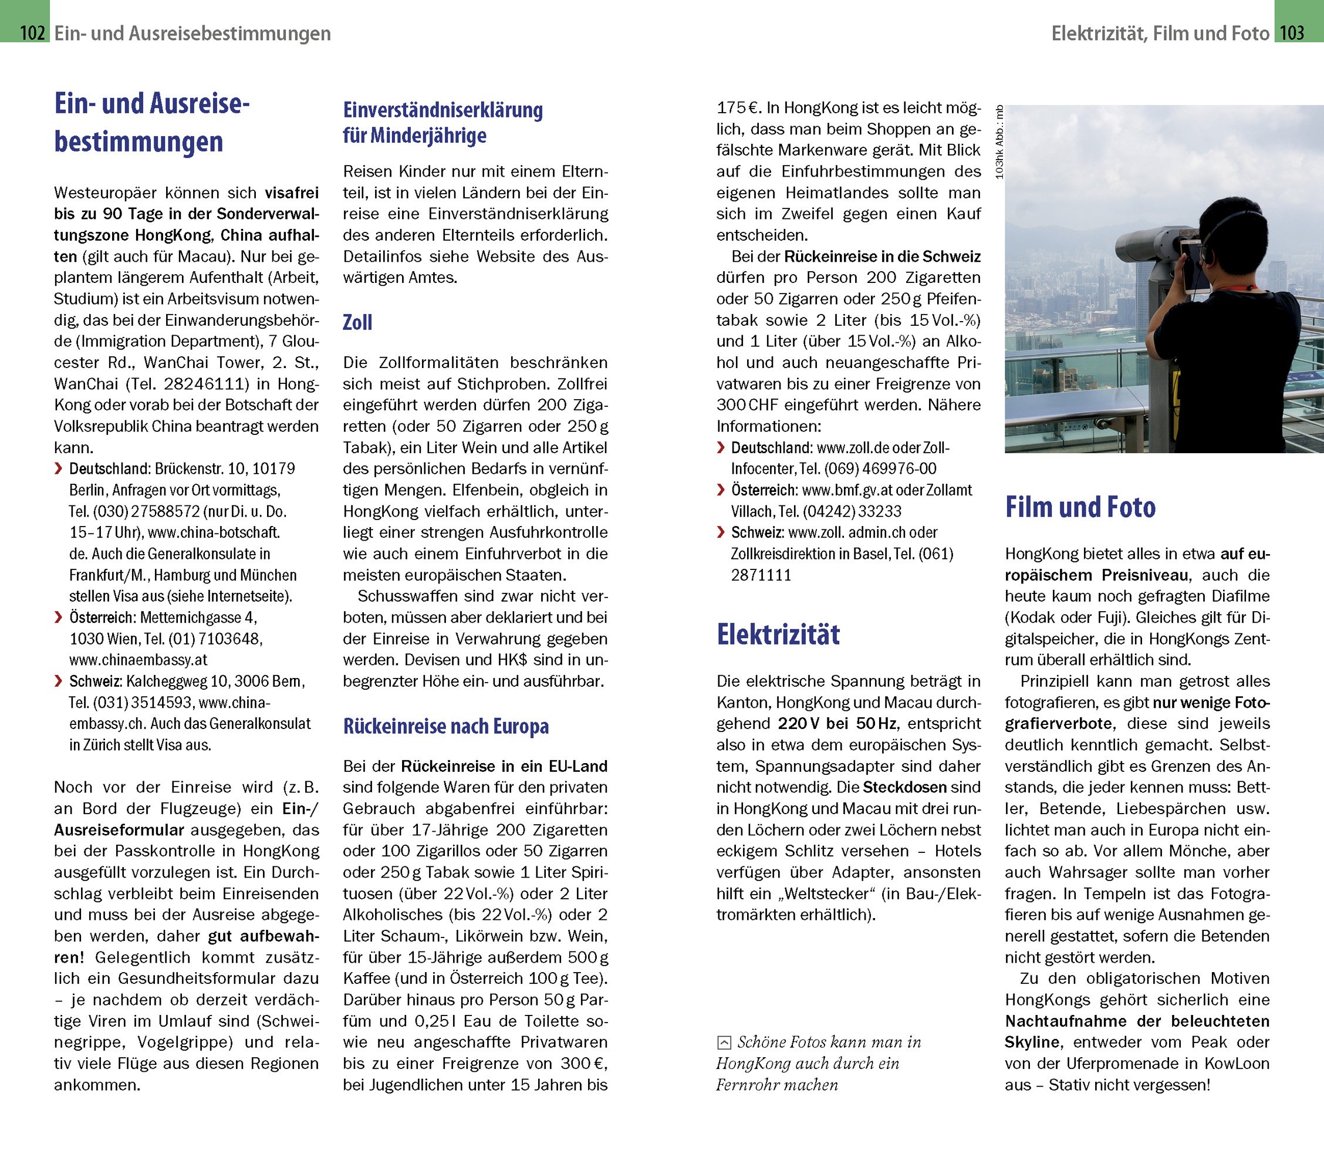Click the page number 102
click(x=32, y=32)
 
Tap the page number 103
click(x=1292, y=32)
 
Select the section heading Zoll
click(x=357, y=323)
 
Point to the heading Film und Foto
click(x=1080, y=507)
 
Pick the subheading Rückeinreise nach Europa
click(x=445, y=726)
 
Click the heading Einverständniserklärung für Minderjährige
click(x=443, y=123)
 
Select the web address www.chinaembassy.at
click(x=139, y=660)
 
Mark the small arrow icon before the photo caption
click(x=724, y=1043)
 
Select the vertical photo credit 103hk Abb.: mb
click(x=999, y=142)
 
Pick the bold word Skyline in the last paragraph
click(x=1032, y=1042)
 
